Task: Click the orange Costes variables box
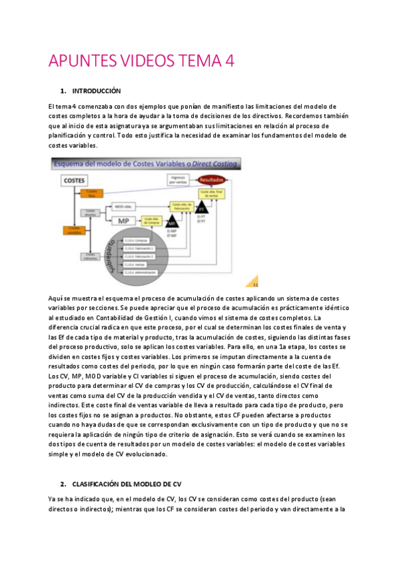(x=74, y=231)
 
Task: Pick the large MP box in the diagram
(x=124, y=221)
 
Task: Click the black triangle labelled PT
(x=200, y=209)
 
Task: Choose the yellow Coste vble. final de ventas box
(x=209, y=193)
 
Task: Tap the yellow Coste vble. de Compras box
(x=151, y=221)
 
